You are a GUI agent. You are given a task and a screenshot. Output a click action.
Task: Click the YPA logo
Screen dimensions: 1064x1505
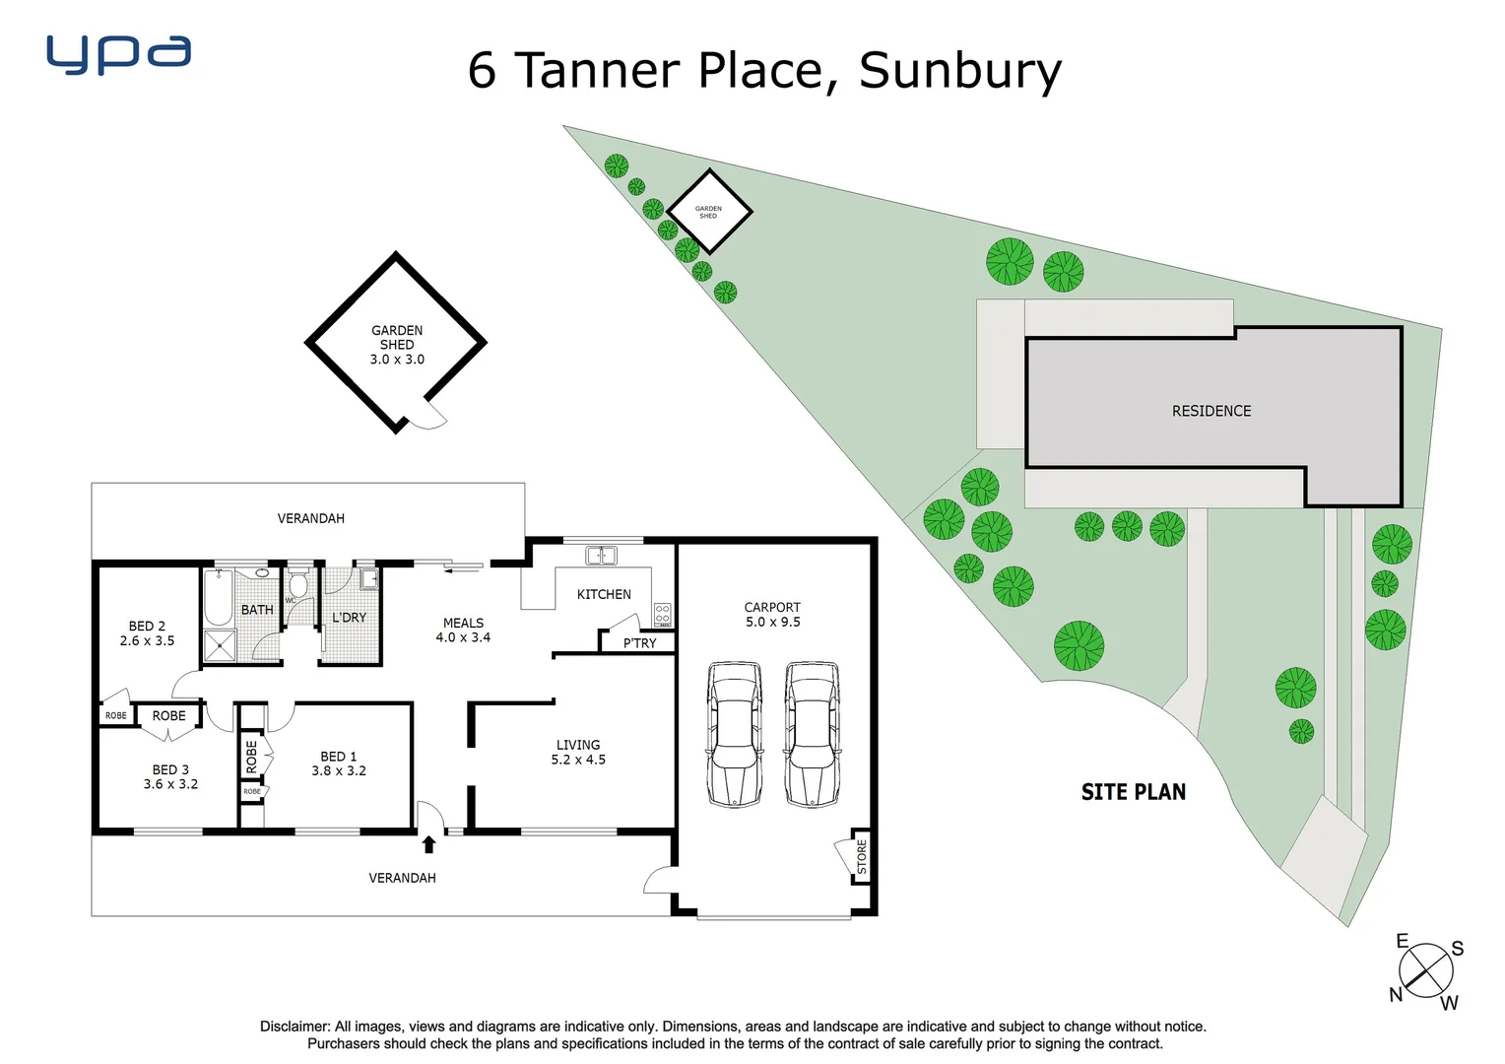point(118,54)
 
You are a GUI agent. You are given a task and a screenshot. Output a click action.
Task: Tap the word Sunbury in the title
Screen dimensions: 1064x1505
point(960,71)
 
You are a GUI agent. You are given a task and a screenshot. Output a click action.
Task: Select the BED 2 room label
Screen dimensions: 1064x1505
point(147,627)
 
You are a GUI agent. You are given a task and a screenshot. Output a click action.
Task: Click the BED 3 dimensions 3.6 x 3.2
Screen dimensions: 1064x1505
point(170,784)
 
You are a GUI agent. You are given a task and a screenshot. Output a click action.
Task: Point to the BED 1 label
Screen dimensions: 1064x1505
point(338,757)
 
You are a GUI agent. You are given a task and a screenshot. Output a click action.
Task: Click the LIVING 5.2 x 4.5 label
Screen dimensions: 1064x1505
point(578,753)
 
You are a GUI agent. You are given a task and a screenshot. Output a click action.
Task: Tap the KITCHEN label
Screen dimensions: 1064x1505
point(604,594)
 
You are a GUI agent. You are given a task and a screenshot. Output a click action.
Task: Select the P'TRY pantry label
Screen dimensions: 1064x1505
point(639,643)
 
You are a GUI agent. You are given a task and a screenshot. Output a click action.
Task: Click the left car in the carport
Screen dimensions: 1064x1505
point(735,734)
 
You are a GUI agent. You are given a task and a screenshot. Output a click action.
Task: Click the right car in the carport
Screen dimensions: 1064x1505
point(813,734)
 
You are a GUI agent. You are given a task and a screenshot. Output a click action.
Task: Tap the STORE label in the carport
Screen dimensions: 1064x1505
point(862,856)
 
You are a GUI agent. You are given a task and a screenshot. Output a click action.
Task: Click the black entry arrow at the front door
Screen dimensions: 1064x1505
point(428,844)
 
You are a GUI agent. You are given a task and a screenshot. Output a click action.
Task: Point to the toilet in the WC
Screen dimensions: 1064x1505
point(298,585)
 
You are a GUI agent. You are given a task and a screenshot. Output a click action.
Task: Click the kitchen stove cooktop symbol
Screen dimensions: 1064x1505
point(663,616)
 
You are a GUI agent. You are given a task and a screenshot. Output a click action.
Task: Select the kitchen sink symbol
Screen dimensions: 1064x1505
point(601,557)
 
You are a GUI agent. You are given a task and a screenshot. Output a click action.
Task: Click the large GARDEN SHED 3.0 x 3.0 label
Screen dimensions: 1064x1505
point(397,345)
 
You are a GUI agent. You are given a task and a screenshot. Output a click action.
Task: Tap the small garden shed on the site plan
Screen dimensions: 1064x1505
point(709,211)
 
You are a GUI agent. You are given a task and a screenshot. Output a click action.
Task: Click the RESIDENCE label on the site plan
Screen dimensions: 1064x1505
point(1211,411)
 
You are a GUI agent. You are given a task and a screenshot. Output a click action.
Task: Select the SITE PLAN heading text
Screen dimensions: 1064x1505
point(1133,792)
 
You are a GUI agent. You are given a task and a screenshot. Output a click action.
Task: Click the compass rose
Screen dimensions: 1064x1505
point(1426,970)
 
